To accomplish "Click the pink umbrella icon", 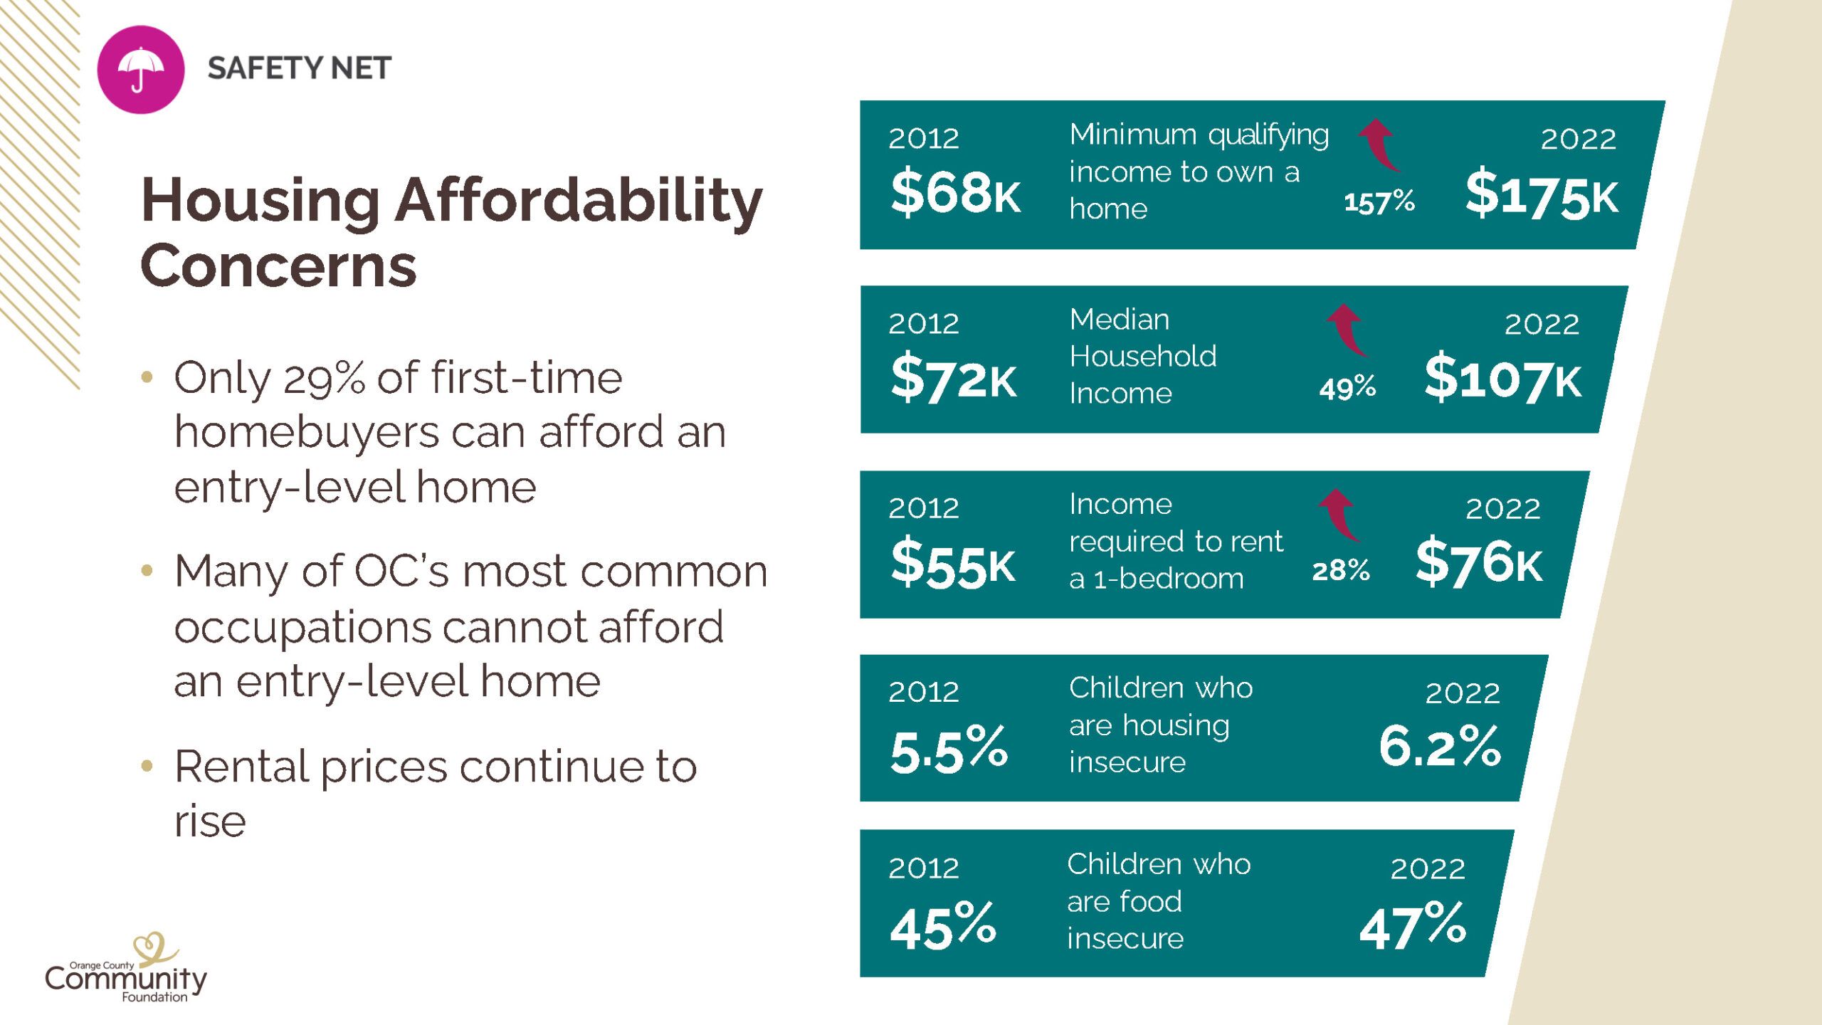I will click(x=141, y=70).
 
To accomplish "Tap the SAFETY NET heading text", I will click(x=299, y=68).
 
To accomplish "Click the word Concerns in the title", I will click(x=278, y=266).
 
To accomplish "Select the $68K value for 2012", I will click(x=955, y=193).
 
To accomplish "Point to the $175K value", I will click(x=1541, y=194).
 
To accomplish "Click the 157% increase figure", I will click(x=1379, y=202).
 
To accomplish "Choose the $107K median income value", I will click(x=1502, y=378).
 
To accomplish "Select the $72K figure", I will click(x=954, y=378).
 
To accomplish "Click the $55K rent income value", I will click(x=953, y=564).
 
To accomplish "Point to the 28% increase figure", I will click(x=1340, y=570).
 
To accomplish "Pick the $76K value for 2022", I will click(x=1479, y=562).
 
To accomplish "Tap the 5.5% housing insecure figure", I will click(x=949, y=749).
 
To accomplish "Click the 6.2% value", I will click(x=1440, y=746).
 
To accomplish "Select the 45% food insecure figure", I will click(x=943, y=925).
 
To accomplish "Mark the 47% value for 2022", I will click(x=1413, y=925).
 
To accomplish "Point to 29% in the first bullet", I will click(x=324, y=378).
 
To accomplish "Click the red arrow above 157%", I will click(x=1379, y=144).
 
